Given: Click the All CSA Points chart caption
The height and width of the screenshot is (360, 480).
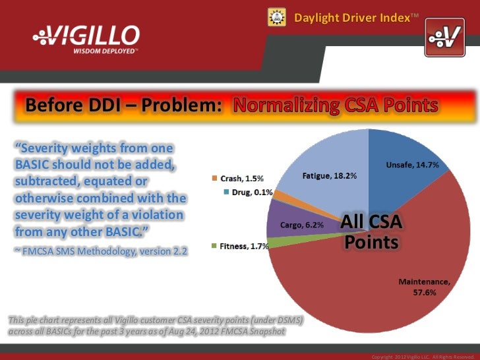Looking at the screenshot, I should coord(371,233).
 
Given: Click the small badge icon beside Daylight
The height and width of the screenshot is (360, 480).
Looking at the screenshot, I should coord(276,16).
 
